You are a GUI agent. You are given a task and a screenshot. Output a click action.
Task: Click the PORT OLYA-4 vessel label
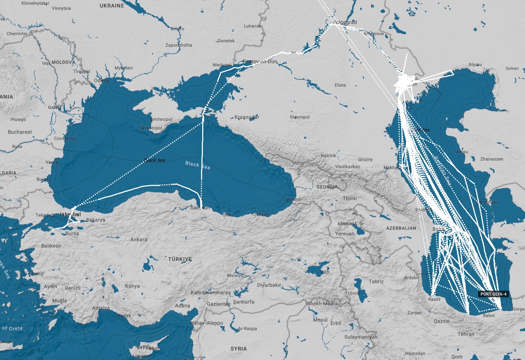point(493,294)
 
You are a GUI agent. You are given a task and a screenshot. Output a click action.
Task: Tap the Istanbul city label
point(70,215)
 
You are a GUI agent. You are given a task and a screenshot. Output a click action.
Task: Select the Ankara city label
point(139,239)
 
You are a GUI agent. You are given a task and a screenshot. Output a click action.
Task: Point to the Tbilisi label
point(349,198)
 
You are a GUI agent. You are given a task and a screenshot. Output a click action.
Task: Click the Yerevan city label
point(344,234)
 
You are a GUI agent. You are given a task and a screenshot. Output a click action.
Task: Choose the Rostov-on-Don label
point(260,62)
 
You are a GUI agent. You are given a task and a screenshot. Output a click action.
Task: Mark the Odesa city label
point(101,80)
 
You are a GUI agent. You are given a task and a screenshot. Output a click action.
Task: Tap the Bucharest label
point(20,132)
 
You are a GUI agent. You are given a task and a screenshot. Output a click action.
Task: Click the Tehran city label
point(466,334)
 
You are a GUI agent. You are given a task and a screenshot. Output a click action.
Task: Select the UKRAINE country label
point(112,5)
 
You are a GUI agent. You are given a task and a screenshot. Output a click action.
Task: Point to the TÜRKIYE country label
point(180,259)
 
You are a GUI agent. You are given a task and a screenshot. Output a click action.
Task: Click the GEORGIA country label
point(327,187)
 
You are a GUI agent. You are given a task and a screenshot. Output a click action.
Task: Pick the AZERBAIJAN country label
point(401,228)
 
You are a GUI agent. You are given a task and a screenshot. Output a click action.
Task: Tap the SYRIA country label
point(239,348)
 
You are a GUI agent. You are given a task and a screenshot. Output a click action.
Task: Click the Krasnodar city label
point(247,117)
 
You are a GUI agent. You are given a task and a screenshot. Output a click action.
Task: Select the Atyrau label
point(475,65)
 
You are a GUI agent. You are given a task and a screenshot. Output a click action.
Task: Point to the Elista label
point(340,85)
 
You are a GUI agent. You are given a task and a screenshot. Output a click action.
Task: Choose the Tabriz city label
point(376,281)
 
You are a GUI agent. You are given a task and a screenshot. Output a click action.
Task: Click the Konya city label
point(132,286)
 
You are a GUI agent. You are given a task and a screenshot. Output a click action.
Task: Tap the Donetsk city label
point(226,41)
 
